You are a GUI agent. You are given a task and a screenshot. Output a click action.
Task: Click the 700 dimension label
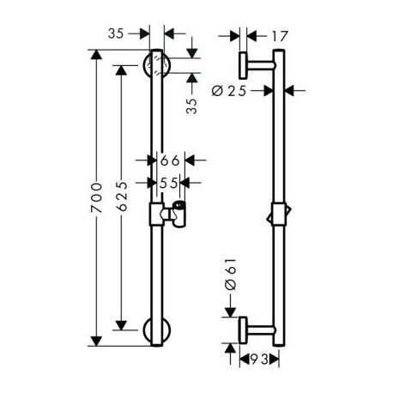(x=96, y=197)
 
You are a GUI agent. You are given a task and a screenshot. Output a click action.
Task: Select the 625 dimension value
(x=122, y=196)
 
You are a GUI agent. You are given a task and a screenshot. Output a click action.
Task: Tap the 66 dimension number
(x=170, y=160)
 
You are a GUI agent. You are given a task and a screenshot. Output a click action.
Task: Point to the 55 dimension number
(x=169, y=183)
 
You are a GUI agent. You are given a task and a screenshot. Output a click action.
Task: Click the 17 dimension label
(x=279, y=36)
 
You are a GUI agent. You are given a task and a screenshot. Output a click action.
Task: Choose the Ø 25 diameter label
(x=229, y=91)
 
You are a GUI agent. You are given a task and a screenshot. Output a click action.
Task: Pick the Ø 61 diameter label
(x=231, y=275)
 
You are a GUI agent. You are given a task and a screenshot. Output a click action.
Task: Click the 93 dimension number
(x=260, y=360)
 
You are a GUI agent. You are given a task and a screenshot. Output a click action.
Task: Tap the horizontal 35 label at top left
(x=116, y=33)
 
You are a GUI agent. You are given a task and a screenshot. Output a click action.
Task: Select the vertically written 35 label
(x=191, y=106)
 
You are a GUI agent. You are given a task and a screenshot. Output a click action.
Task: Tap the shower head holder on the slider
(x=174, y=215)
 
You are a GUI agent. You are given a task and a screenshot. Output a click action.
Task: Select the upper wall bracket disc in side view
(x=243, y=65)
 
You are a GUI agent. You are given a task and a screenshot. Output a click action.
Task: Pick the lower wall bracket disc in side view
(x=243, y=330)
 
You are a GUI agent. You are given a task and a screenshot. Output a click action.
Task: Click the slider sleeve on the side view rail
(x=279, y=215)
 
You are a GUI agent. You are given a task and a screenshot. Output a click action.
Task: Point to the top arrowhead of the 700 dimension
(x=96, y=55)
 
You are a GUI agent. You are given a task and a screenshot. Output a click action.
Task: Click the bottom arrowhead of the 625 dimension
(x=121, y=325)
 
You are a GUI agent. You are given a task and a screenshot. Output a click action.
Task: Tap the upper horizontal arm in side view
(x=261, y=65)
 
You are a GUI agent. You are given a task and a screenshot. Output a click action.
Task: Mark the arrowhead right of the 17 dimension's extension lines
(x=251, y=36)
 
